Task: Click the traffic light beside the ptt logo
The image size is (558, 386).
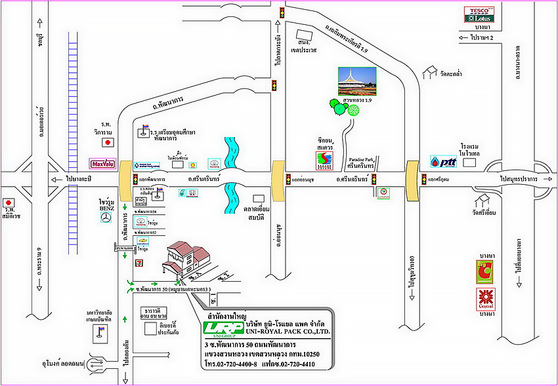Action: [423, 179]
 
